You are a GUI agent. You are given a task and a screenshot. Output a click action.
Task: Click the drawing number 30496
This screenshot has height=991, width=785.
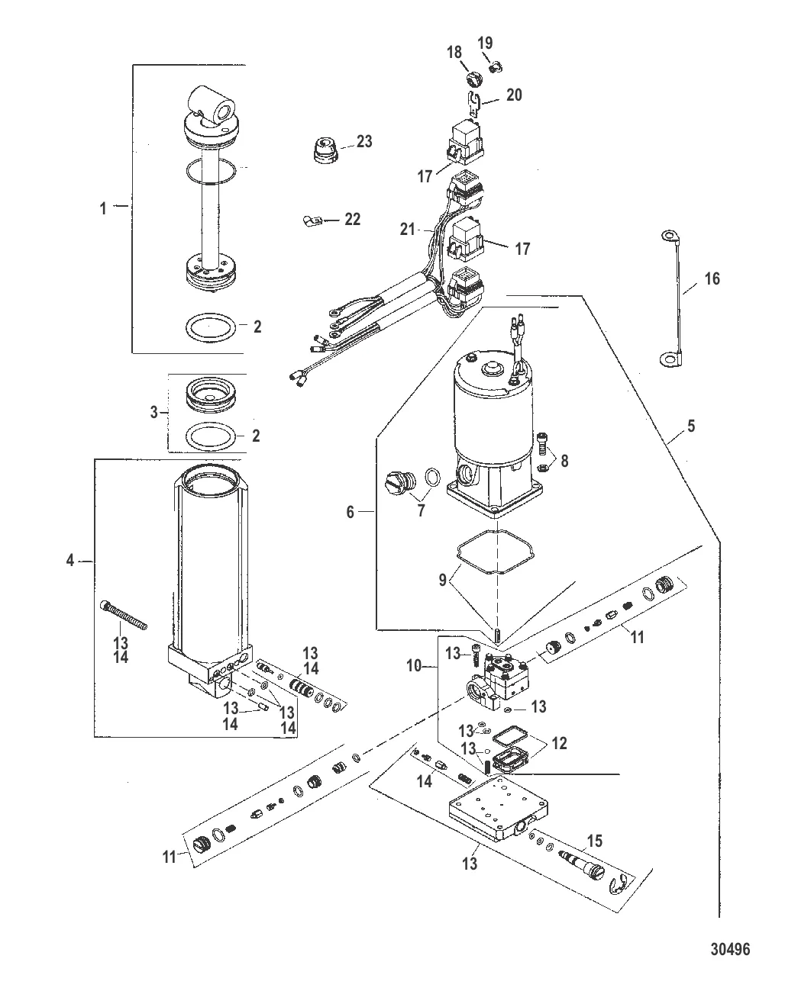click(x=730, y=950)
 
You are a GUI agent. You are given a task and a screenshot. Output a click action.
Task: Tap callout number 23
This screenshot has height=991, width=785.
click(x=364, y=142)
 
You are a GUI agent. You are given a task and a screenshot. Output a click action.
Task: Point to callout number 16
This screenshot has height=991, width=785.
click(x=712, y=278)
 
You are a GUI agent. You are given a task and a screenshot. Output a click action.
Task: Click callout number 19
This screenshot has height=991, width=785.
click(x=485, y=43)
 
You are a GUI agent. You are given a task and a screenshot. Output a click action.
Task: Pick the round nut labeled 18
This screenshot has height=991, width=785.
click(x=473, y=79)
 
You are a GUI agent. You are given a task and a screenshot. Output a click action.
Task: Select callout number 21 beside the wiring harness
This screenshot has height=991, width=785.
click(x=408, y=229)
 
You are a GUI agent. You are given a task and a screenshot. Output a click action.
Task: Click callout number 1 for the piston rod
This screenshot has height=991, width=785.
click(x=103, y=208)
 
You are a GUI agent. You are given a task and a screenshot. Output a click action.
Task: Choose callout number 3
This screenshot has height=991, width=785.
click(x=154, y=412)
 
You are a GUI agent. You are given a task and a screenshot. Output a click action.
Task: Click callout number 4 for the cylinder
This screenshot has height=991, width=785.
click(x=70, y=561)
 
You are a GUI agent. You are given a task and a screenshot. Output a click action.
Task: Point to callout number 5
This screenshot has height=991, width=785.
click(x=691, y=426)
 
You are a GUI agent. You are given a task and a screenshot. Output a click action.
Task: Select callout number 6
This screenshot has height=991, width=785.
click(x=351, y=512)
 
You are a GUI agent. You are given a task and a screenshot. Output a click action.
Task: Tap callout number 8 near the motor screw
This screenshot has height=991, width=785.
click(x=564, y=461)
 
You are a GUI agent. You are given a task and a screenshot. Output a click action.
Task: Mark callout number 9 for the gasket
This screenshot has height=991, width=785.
click(x=442, y=581)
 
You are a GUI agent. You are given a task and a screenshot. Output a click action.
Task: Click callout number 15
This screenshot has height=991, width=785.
click(x=595, y=841)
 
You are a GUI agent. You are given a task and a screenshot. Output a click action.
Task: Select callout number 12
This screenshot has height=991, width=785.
click(x=559, y=743)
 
